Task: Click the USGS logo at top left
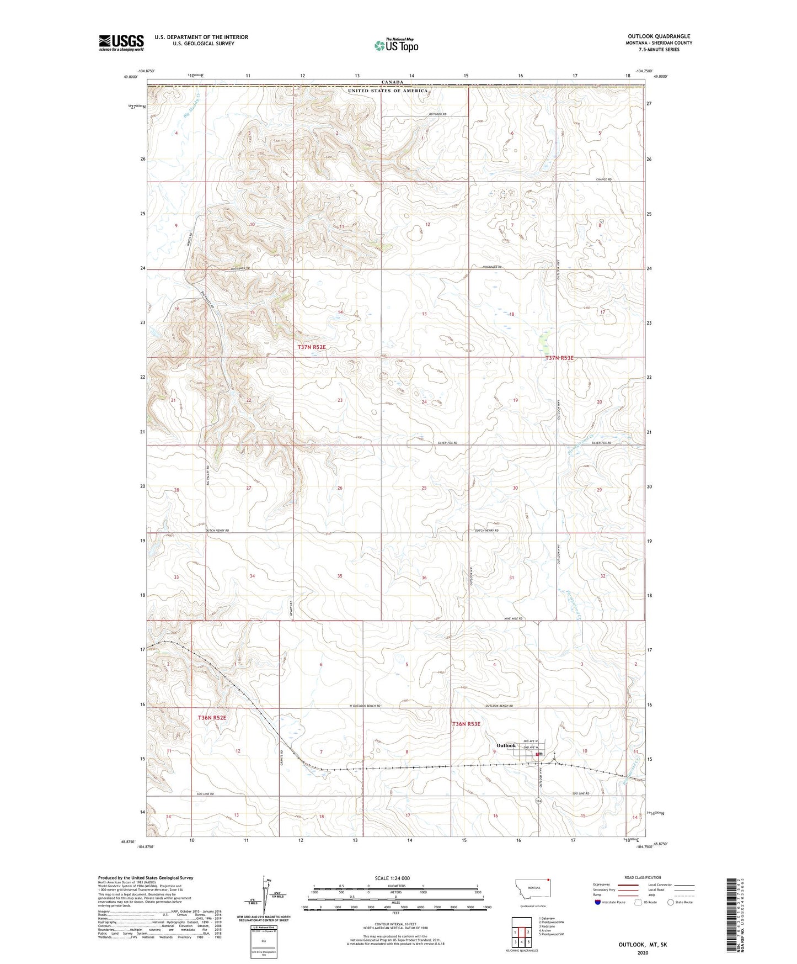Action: click(x=121, y=43)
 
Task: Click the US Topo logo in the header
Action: click(x=396, y=45)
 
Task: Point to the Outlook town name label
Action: click(x=506, y=745)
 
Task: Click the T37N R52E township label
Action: click(x=312, y=347)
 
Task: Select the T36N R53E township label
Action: click(x=467, y=724)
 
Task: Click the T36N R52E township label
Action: click(x=212, y=718)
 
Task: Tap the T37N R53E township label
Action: click(x=559, y=358)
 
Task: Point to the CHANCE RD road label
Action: click(x=603, y=179)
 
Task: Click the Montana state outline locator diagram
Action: click(x=532, y=891)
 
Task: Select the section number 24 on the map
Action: click(x=424, y=402)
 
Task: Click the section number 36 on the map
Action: click(x=424, y=578)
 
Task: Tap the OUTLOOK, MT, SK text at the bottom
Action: click(x=643, y=945)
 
